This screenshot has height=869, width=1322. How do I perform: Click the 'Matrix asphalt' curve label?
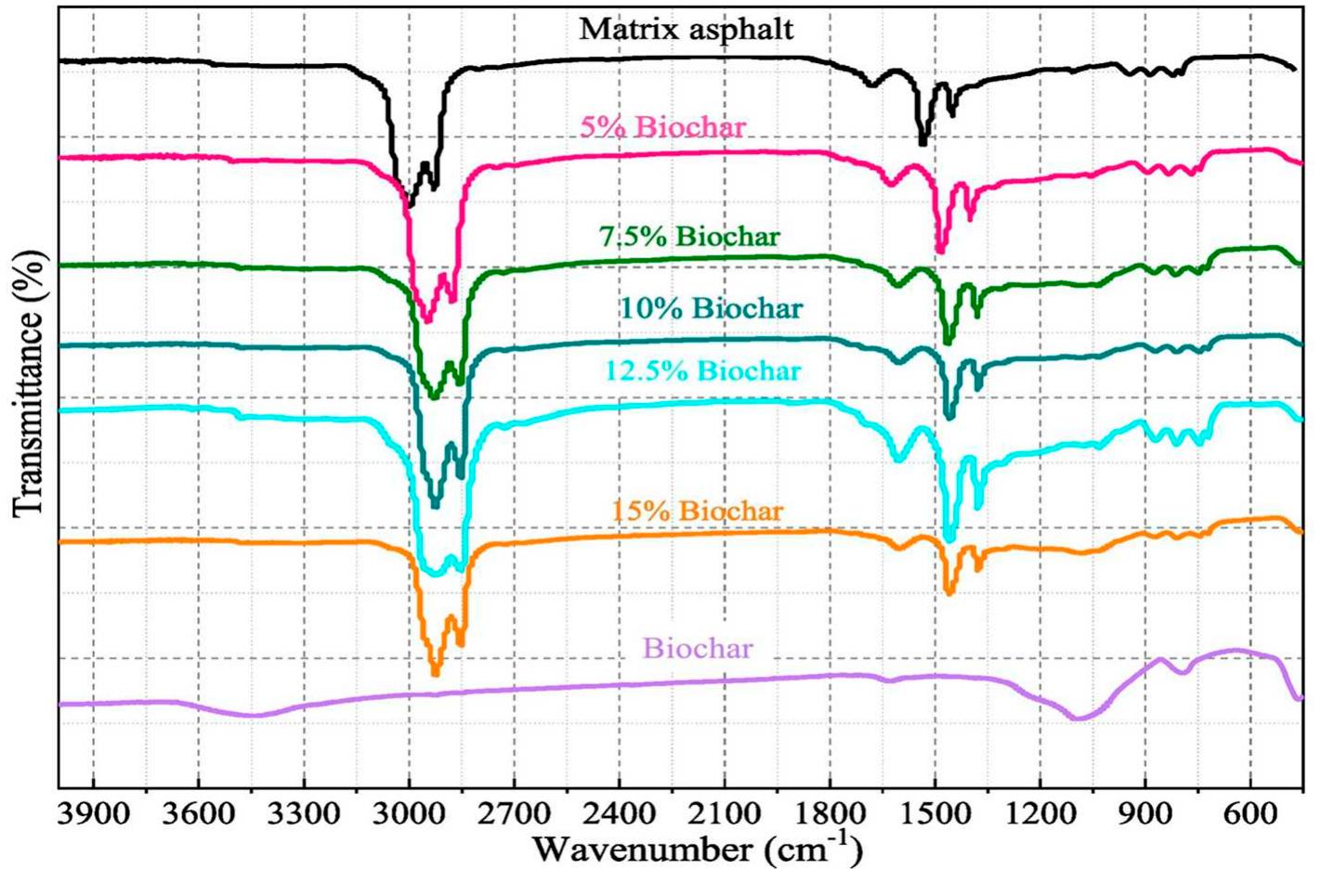[687, 29]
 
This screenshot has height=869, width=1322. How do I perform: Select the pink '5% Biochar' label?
[662, 126]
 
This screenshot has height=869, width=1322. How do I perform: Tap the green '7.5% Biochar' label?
[689, 237]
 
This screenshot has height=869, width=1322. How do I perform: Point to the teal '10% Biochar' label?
[711, 307]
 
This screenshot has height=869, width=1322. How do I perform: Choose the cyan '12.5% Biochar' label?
[702, 370]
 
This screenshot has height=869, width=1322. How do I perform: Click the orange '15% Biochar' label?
[697, 511]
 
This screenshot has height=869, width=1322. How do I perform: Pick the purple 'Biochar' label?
[698, 647]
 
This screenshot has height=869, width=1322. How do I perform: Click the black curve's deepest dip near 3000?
[411, 201]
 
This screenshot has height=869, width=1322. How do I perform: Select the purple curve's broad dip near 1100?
[1079, 718]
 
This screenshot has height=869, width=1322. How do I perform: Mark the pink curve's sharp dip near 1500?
[940, 249]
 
